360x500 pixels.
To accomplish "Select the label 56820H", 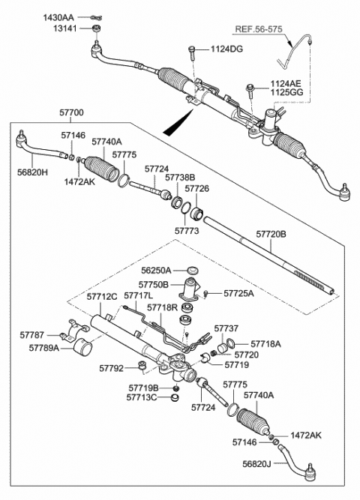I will [x=31, y=172].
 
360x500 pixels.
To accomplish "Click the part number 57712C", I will [x=101, y=298].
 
